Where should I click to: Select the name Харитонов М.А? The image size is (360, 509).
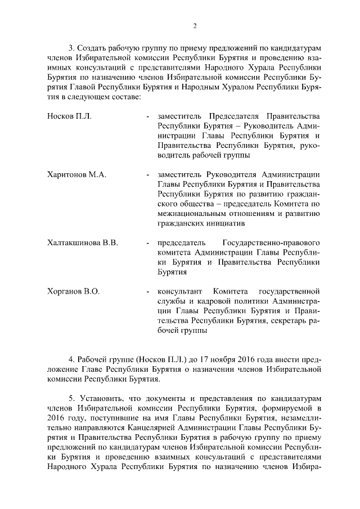(77, 175)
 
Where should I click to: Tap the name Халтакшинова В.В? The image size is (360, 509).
(83, 243)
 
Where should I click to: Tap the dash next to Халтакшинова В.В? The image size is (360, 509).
(147, 243)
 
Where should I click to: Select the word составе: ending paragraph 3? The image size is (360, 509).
(123, 97)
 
